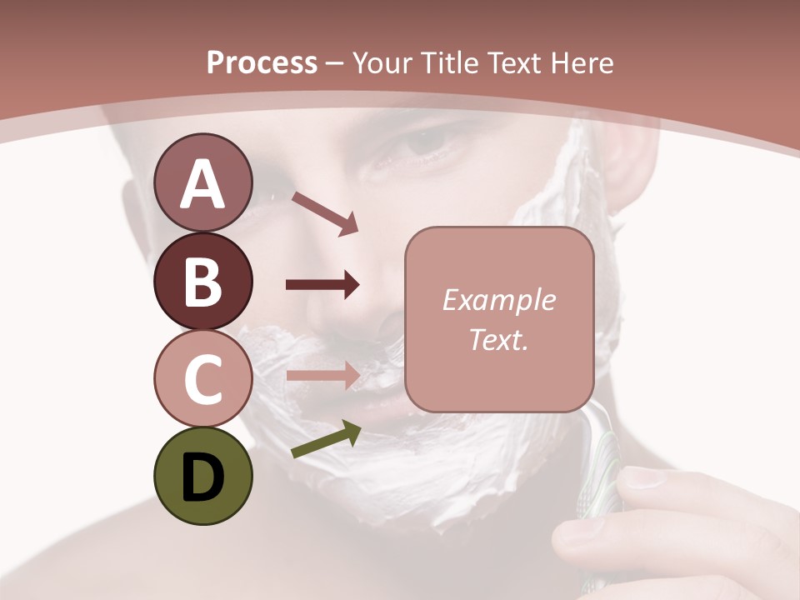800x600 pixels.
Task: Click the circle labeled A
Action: point(202,182)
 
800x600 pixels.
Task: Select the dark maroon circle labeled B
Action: point(202,281)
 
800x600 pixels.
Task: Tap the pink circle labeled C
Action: point(202,378)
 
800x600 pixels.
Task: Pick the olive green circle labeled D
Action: point(202,476)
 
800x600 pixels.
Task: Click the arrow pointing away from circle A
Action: point(325,213)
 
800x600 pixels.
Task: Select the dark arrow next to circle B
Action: point(322,285)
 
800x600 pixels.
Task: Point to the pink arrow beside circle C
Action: point(322,375)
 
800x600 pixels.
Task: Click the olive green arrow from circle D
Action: point(326,440)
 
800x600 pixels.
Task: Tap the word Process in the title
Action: point(262,62)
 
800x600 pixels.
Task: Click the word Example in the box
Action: point(498,301)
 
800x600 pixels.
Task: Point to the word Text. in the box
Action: point(498,340)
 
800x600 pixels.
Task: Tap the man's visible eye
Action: point(425,146)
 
